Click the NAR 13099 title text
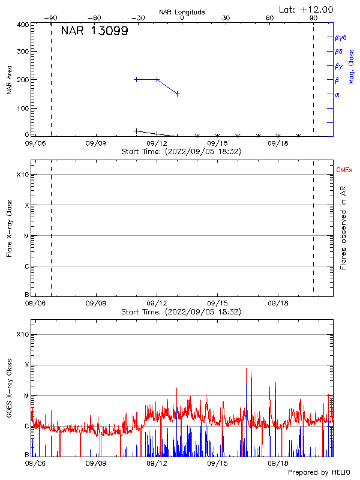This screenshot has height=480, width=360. (94, 32)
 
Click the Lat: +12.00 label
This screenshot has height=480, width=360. (306, 9)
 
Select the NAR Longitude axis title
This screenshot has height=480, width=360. (182, 12)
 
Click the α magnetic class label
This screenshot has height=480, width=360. (337, 94)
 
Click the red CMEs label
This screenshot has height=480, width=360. (345, 170)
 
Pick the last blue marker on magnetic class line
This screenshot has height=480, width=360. (177, 94)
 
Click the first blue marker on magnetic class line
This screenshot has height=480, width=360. (136, 79)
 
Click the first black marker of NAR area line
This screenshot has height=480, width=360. (136, 130)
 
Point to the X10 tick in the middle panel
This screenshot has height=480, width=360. (22, 175)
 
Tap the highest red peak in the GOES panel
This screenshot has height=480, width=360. (246, 368)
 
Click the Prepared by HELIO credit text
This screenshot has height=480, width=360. (318, 473)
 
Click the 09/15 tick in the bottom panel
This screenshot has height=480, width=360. (217, 463)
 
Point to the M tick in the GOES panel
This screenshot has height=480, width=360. (26, 395)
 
